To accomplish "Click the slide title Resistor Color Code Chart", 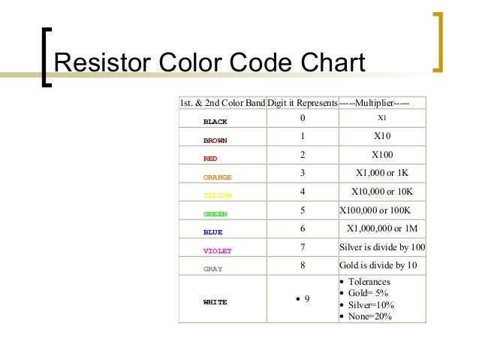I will tap(209, 65).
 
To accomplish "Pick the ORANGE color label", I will tap(217, 177).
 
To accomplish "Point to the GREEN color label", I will tap(215, 214).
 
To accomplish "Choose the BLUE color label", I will tap(212, 232).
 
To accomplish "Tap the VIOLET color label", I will tap(217, 250).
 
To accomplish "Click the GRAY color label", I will tap(212, 268).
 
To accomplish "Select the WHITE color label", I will tap(215, 301).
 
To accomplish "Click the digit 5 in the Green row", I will tap(302, 210).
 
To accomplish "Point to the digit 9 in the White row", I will tap(307, 299).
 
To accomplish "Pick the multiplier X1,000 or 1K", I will tap(381, 174).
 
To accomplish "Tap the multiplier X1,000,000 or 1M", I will tap(381, 228).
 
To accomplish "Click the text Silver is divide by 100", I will tap(382, 247).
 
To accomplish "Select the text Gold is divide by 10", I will tap(378, 265).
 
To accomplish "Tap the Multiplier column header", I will tap(374, 102).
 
